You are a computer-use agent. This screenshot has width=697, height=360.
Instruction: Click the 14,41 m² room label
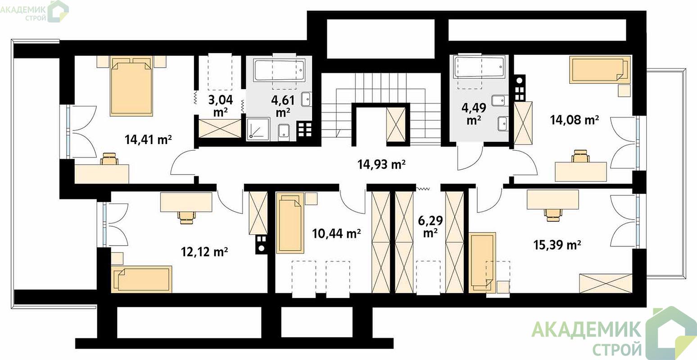[x=148, y=139]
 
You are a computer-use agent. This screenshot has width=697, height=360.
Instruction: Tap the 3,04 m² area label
[x=220, y=106]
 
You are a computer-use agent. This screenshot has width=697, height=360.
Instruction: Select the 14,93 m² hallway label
[x=381, y=164]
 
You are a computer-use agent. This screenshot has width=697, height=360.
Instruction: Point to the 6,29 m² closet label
[x=430, y=226]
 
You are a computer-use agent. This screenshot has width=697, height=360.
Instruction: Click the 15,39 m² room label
[x=557, y=245]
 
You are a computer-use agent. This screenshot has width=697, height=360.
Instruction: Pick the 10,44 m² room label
[x=336, y=233]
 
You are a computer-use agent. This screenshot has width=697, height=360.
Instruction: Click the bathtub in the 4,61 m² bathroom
[x=279, y=70]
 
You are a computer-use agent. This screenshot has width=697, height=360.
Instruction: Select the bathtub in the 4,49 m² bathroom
[x=479, y=67]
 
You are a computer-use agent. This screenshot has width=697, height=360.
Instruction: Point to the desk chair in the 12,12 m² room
[x=187, y=216]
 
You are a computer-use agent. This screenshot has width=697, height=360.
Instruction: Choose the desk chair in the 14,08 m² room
[x=581, y=156]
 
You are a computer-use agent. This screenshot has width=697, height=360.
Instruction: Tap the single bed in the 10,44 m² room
[x=290, y=223]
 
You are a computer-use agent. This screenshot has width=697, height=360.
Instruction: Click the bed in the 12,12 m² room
[x=141, y=279]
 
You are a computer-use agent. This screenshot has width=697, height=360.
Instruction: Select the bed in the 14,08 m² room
[x=600, y=70]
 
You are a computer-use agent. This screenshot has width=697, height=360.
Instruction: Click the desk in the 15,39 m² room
[x=552, y=200]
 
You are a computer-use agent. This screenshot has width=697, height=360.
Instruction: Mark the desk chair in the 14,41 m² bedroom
[x=109, y=158]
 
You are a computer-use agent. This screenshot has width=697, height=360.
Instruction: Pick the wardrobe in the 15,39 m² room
[x=606, y=283]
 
